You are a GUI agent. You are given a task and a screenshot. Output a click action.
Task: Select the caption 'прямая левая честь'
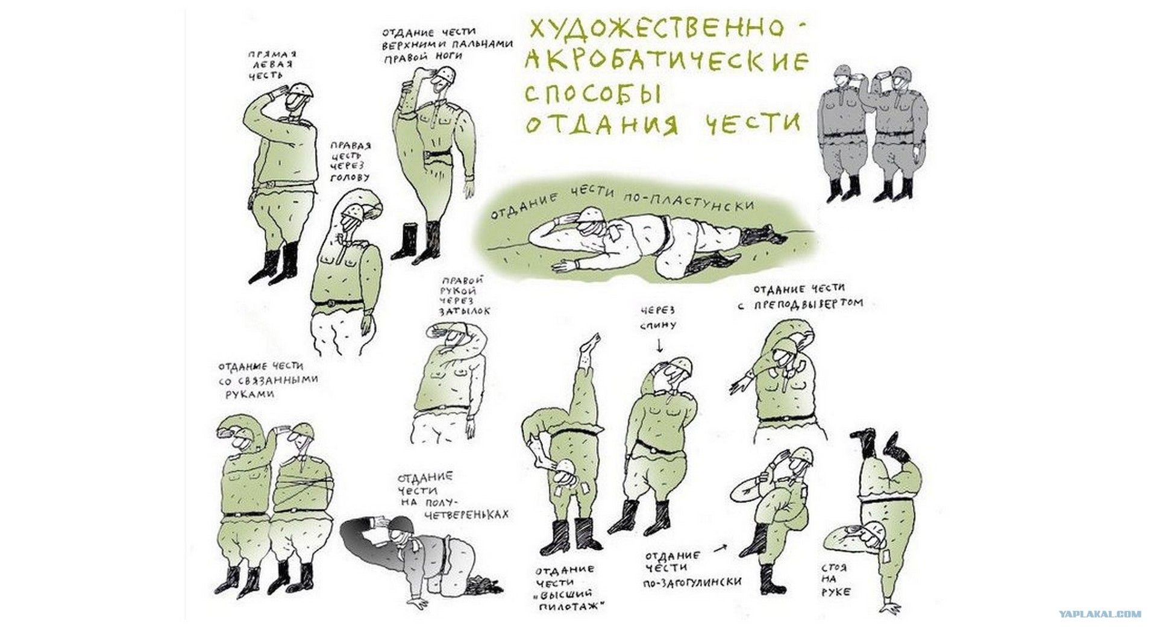click(x=272, y=64)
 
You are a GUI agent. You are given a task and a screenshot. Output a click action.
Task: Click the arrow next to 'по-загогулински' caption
click(x=720, y=550)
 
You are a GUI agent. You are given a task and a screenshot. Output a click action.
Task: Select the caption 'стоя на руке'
click(x=835, y=580)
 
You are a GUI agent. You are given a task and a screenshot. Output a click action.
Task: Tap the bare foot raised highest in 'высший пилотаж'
click(x=589, y=345)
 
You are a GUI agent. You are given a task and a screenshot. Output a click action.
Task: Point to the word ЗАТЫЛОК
click(x=465, y=311)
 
